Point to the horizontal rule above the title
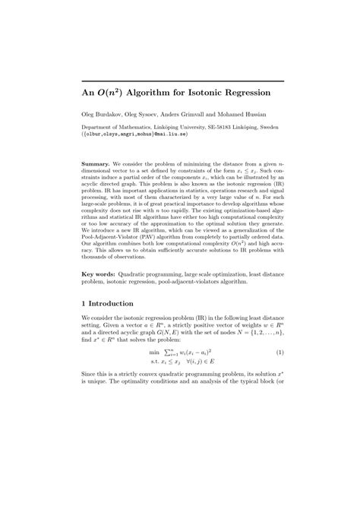[x=182, y=81]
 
